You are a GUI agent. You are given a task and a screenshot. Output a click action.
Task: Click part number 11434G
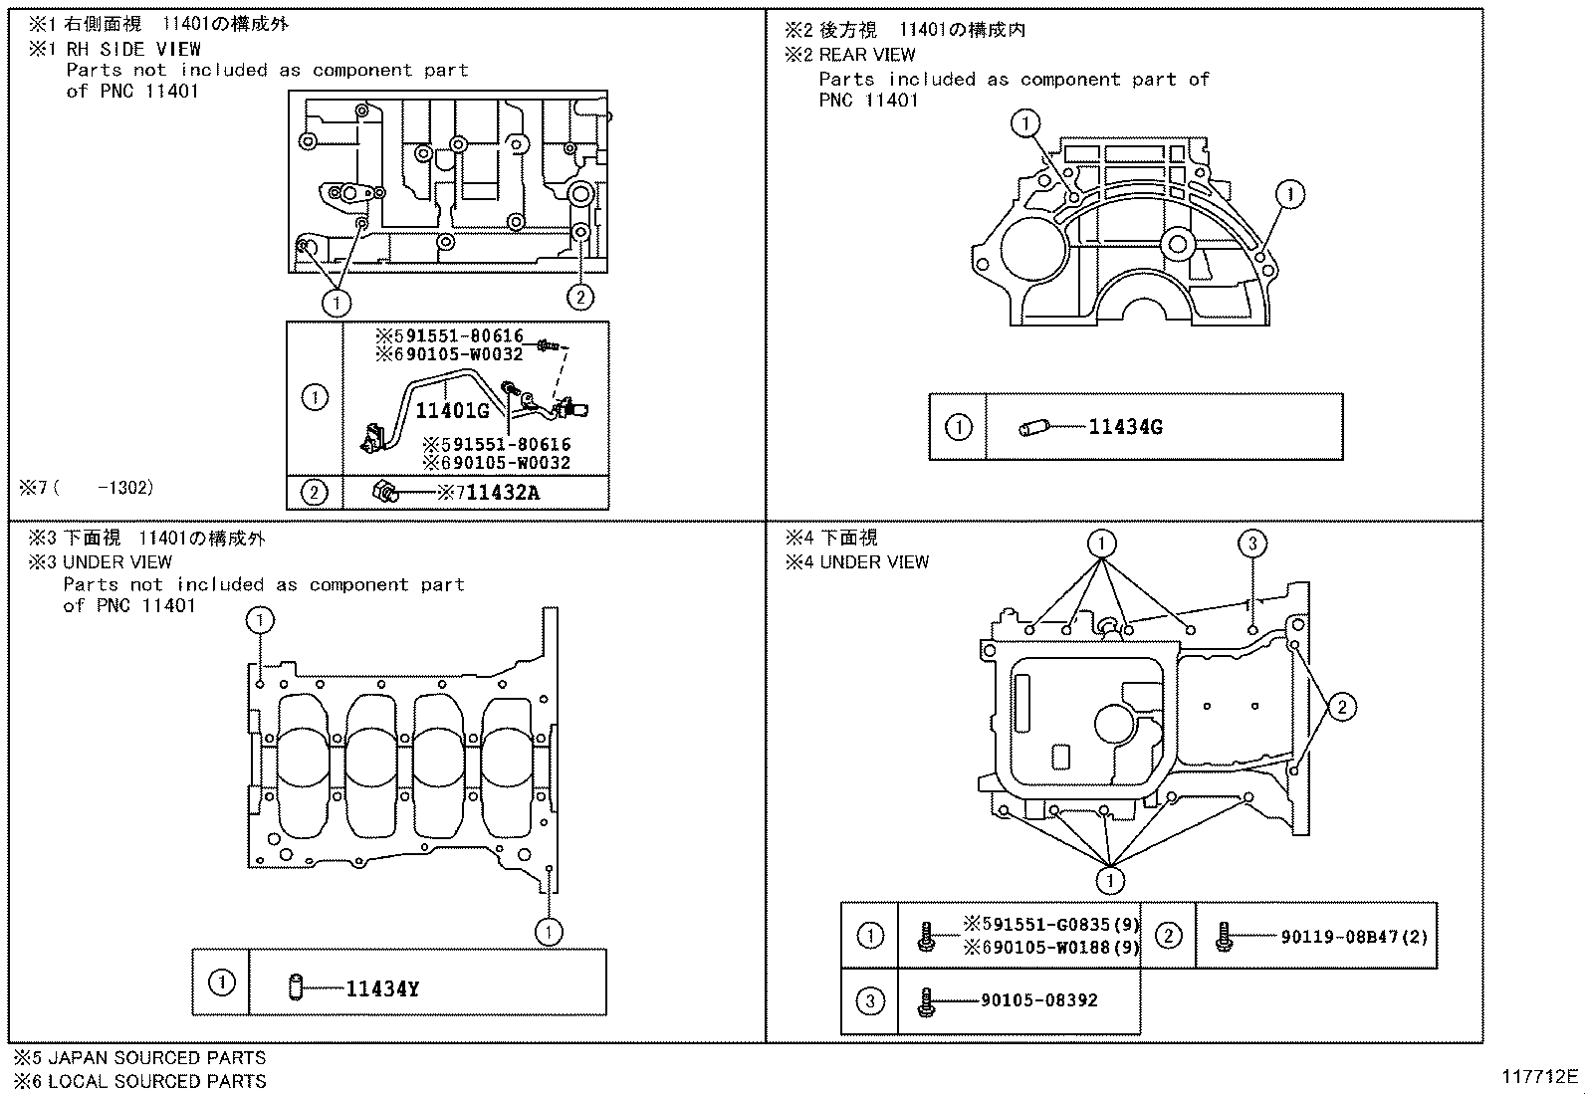[1125, 427]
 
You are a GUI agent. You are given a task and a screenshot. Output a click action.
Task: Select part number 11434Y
[382, 988]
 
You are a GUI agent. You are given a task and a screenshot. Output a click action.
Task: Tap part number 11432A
[503, 492]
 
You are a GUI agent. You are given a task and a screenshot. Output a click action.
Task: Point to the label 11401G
[452, 410]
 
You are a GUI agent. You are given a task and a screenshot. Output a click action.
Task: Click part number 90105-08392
[1038, 1000]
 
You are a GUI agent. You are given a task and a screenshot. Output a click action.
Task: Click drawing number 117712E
[1540, 1076]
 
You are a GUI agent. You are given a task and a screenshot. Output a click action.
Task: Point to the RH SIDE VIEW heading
[133, 49]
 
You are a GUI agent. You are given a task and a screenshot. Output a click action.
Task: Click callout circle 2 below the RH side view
[580, 296]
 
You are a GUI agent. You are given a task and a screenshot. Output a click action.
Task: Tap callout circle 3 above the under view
[1252, 544]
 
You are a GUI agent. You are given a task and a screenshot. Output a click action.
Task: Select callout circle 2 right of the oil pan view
[1341, 708]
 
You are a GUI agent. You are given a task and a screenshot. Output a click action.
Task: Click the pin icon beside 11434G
[1034, 428]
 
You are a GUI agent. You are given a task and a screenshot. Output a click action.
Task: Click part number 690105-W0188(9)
[1051, 948]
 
